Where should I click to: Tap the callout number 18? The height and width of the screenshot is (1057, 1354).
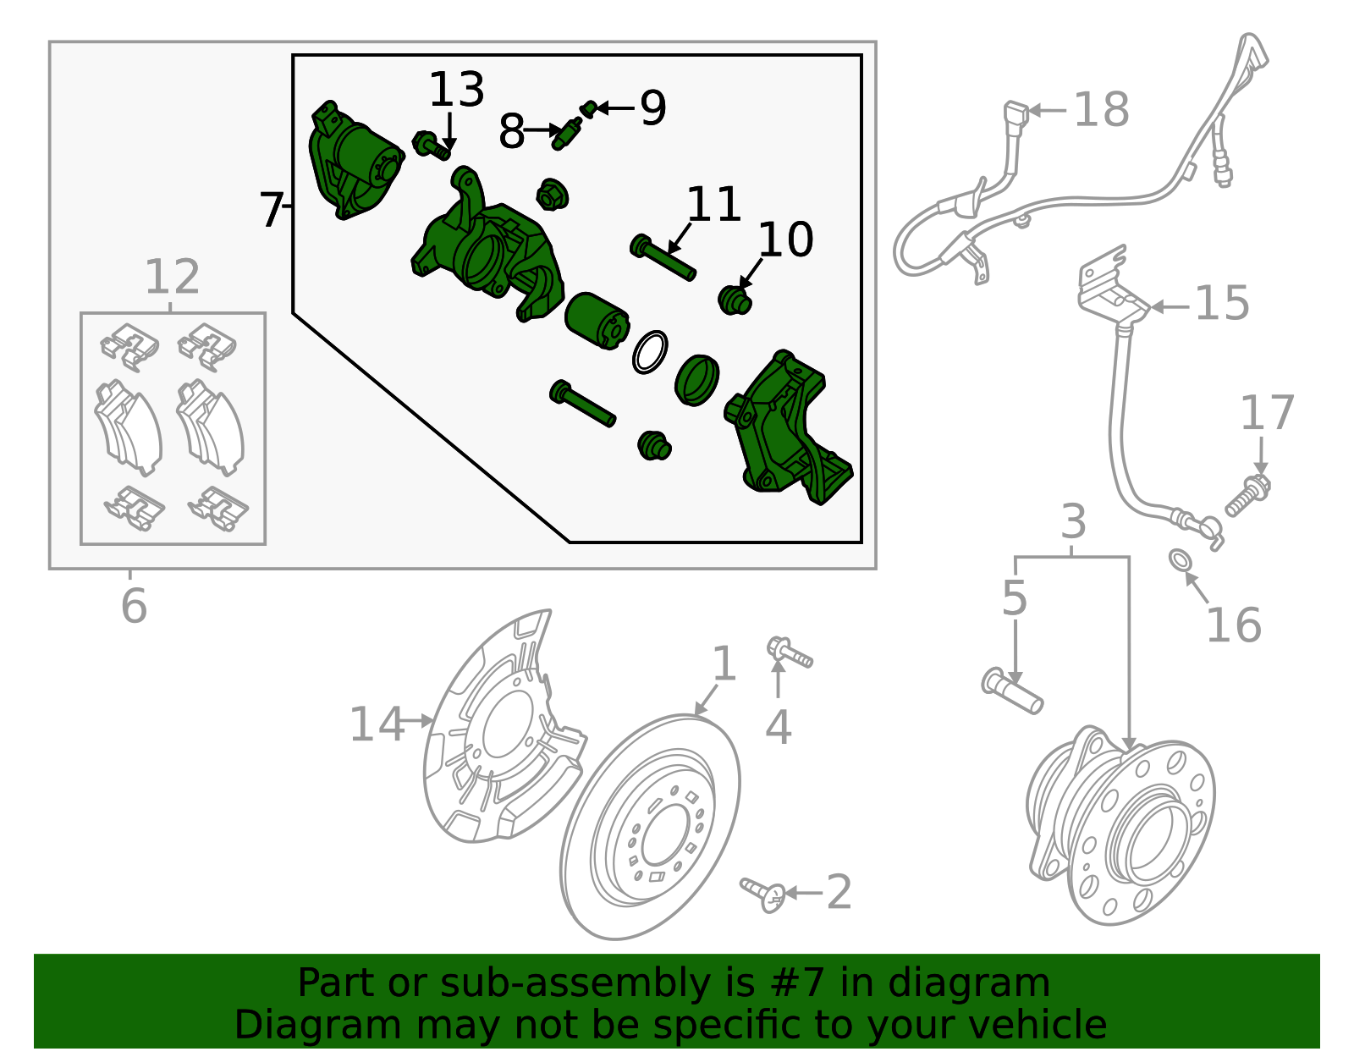point(1101,110)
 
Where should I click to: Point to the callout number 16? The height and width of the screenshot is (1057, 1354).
point(1233,625)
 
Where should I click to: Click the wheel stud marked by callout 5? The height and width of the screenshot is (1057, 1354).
point(1012,691)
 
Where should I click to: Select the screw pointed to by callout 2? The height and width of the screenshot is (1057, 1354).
point(763,894)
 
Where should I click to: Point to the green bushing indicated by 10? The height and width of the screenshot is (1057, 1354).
point(734,300)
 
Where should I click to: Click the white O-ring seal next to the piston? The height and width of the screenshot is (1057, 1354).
point(650,352)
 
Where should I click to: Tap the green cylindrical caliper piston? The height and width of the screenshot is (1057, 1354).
point(597,320)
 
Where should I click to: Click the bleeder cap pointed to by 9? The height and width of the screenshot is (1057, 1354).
point(589,107)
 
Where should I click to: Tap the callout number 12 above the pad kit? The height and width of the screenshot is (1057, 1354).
point(172,277)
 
